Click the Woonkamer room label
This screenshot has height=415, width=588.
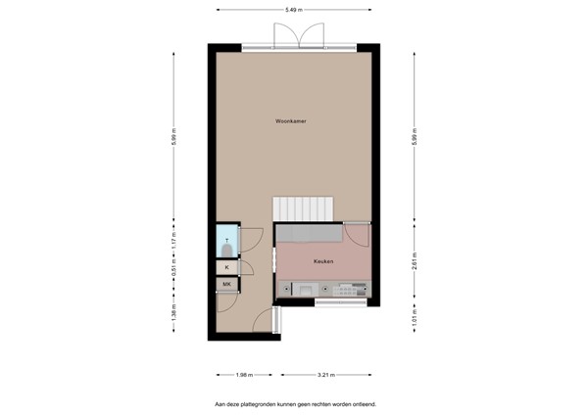click(x=292, y=121)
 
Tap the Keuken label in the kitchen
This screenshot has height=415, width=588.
click(x=324, y=262)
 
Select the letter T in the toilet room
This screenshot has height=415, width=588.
click(x=227, y=240)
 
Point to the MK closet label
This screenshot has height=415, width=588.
click(x=227, y=285)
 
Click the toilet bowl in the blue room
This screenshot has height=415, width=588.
click(x=227, y=249)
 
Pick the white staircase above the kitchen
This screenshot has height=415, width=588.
click(x=303, y=208)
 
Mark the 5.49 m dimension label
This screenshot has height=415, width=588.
click(x=293, y=9)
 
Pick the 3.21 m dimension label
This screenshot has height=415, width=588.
click(x=326, y=375)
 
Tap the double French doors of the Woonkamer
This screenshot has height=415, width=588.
click(x=298, y=35)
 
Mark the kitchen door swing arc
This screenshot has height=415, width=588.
click(x=358, y=235)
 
